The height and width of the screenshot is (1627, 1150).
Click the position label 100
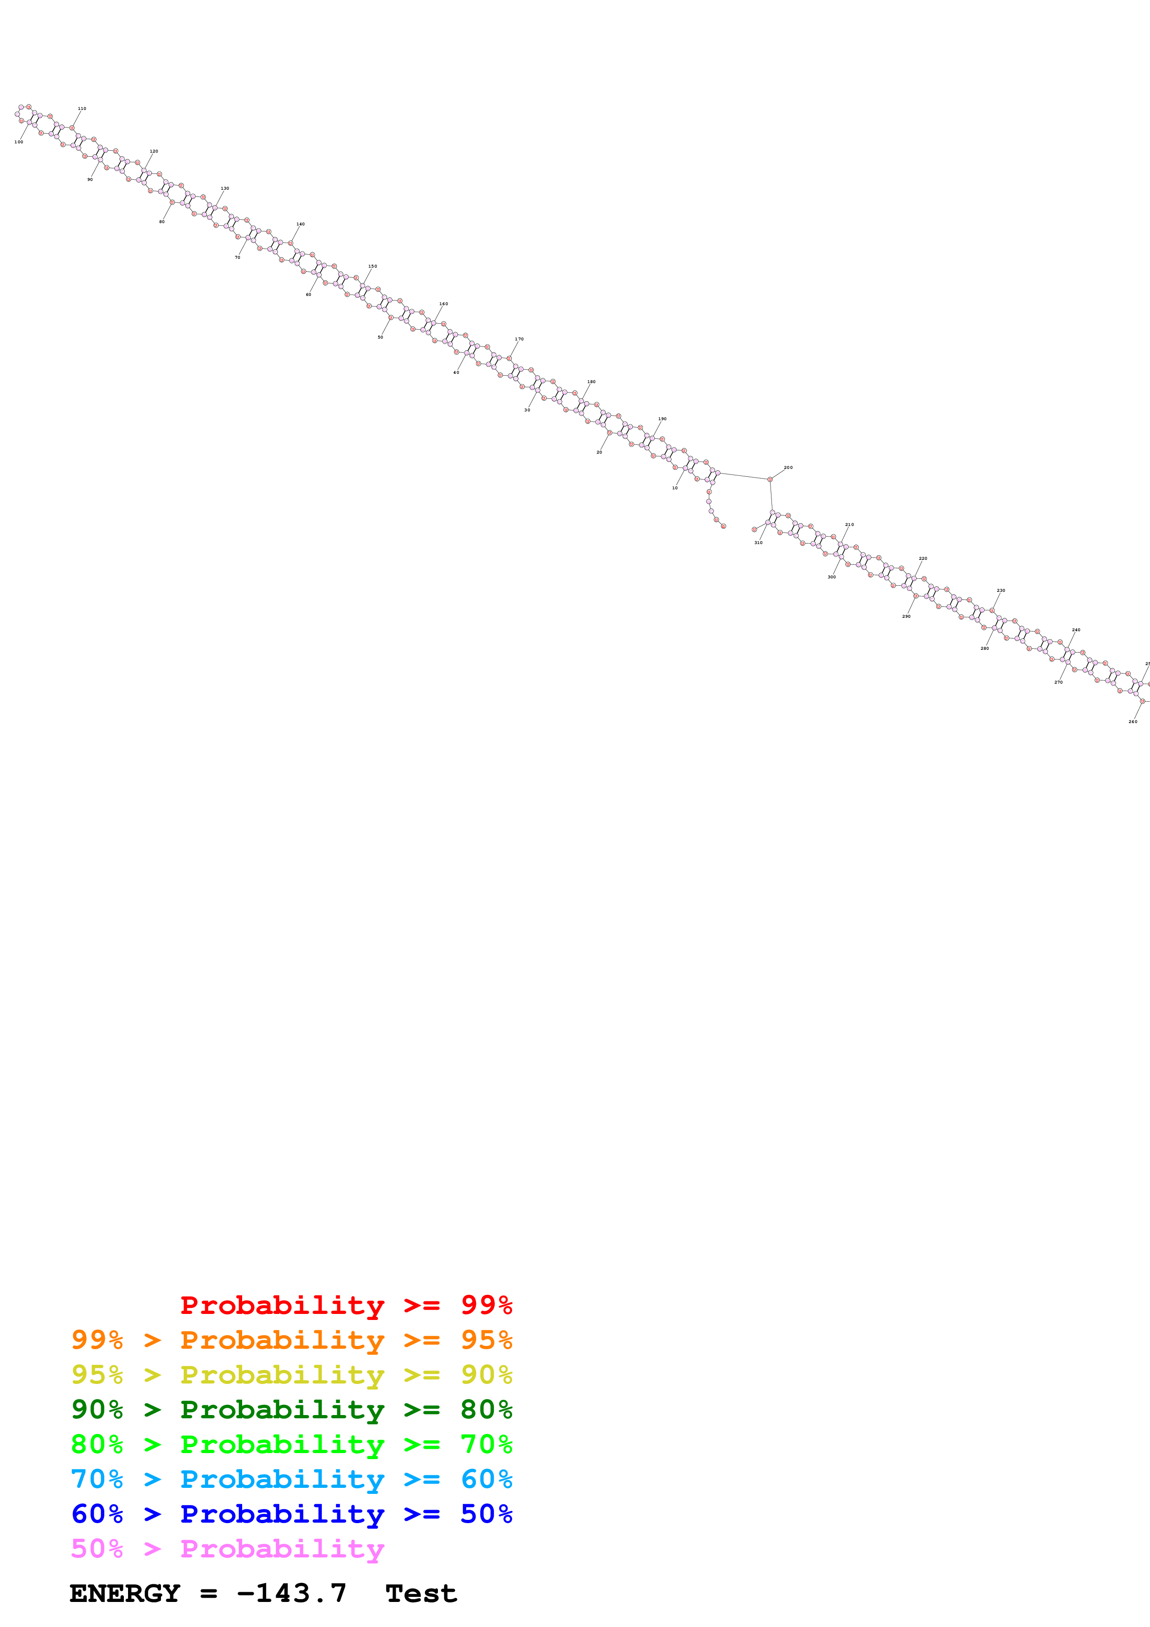[19, 142]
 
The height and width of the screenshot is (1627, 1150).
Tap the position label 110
[82, 109]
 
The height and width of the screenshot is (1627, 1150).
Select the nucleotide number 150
[373, 266]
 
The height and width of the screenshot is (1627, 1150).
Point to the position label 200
[789, 468]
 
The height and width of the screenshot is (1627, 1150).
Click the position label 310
[758, 543]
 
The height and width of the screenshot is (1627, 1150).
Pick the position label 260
[1133, 721]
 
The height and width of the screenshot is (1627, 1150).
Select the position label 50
[380, 337]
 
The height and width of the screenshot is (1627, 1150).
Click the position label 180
[591, 382]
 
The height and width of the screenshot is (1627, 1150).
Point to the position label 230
[1001, 590]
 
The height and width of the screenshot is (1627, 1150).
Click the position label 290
[906, 616]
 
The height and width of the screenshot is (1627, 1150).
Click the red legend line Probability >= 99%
[346, 1305]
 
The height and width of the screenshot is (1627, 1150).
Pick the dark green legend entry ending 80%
[291, 1409]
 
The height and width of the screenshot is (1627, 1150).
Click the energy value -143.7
[291, 1593]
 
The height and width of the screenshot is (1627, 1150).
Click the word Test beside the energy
[421, 1594]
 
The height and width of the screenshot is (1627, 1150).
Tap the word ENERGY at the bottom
[125, 1594]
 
